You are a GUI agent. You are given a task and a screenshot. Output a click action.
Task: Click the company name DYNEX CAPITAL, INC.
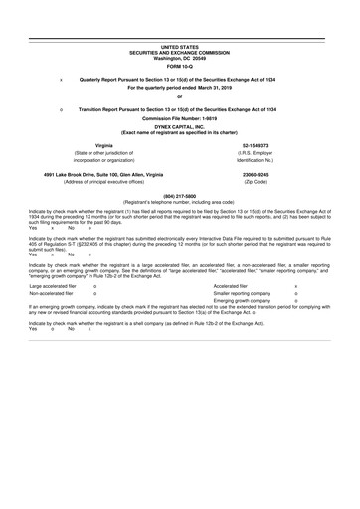[180, 126]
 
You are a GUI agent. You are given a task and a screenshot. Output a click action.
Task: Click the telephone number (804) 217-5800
[180, 195]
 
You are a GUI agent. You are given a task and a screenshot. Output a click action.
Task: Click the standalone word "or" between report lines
[180, 96]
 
